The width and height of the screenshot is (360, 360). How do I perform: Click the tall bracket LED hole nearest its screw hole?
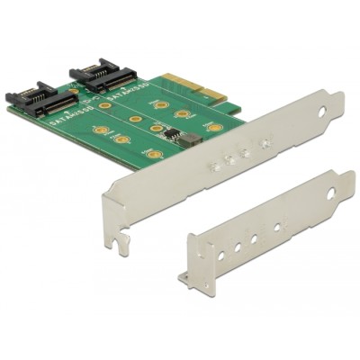(x=265, y=142)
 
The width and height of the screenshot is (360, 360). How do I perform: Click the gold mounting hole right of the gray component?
(x=214, y=127)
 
